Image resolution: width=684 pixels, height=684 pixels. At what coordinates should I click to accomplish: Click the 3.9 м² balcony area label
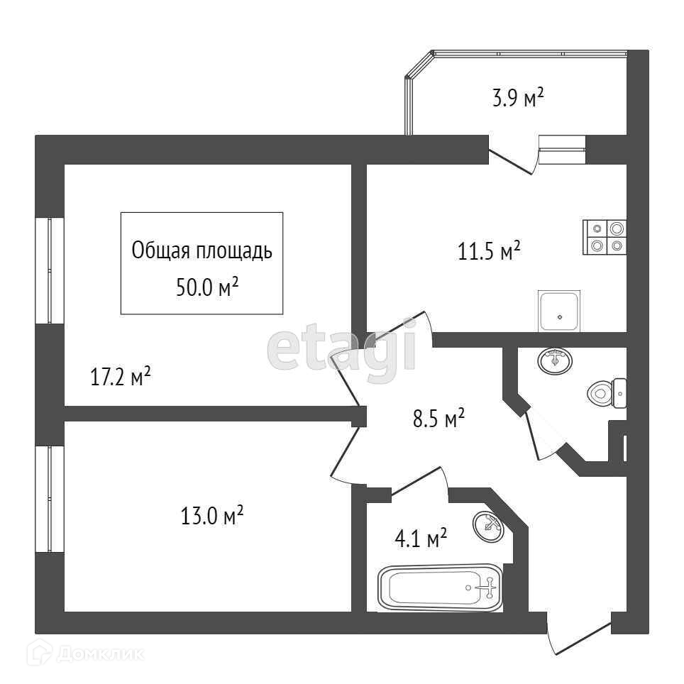point(518,97)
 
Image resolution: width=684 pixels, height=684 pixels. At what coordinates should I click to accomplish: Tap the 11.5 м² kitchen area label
point(489,251)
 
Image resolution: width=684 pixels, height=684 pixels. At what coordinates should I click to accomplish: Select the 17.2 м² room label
point(121,376)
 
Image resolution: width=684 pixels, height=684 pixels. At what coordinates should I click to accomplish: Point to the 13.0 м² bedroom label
point(212,515)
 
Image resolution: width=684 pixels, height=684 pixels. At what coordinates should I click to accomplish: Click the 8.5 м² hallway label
point(438,418)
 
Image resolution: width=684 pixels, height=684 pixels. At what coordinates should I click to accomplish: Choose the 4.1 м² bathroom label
point(421,538)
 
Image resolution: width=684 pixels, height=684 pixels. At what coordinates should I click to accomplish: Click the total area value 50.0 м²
point(207,287)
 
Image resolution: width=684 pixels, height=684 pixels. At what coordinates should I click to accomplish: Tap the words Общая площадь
point(202,250)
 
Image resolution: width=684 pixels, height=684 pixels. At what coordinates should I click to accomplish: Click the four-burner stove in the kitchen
point(605,237)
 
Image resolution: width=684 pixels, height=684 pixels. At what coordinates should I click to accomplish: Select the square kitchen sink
point(559,311)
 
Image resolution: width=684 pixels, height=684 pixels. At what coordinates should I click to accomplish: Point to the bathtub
point(440,588)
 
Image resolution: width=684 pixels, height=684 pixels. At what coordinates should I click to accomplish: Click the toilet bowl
point(607,393)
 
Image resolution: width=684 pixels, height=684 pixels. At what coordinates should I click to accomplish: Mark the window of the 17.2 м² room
point(50,270)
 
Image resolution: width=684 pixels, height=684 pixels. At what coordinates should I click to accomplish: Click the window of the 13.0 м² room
point(50,499)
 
